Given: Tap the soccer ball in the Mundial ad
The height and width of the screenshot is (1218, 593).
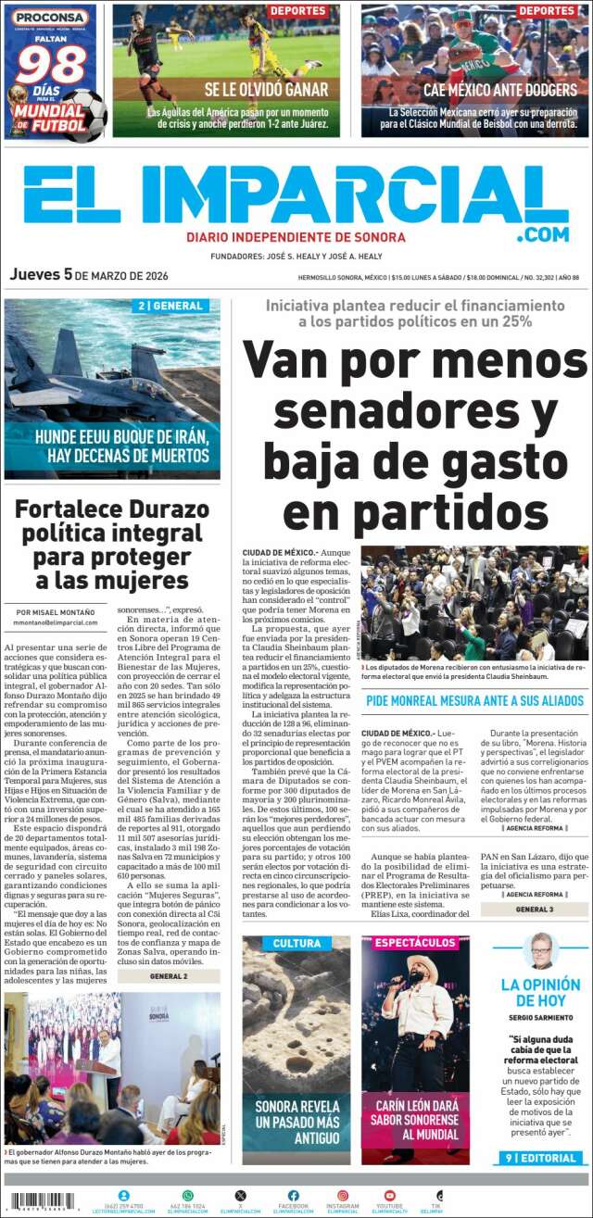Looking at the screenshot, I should (84, 116).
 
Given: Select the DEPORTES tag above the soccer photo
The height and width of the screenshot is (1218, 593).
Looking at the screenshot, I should (298, 11).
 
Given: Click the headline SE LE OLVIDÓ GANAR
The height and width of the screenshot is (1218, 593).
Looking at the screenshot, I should (267, 90).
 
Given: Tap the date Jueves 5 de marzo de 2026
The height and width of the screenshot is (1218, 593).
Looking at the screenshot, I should (88, 275).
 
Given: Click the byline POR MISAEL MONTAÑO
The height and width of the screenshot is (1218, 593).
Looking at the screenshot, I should (56, 610).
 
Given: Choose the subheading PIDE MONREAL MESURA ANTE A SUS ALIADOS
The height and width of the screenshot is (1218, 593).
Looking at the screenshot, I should (473, 701).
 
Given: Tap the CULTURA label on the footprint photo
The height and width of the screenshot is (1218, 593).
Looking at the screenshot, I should (296, 944).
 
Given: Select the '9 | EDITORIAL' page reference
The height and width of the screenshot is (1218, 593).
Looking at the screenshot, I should (541, 1158).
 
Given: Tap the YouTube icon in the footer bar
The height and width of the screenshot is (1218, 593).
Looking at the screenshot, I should (389, 1195).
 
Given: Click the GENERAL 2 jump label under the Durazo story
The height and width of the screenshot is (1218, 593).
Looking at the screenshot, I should (168, 975).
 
